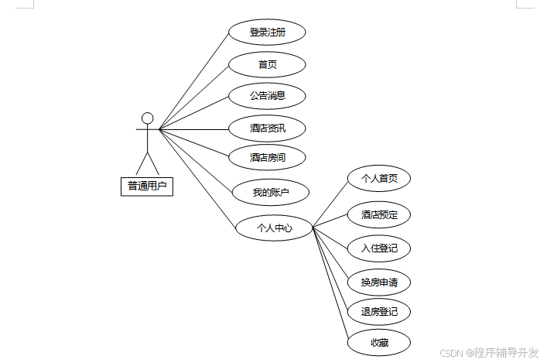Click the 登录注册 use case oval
[267, 33]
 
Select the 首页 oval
[267, 64]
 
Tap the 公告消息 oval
[267, 96]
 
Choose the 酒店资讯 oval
[267, 128]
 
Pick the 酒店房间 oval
[267, 157]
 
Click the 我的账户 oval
[271, 192]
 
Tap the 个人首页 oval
[379, 179]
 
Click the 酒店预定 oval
[379, 214]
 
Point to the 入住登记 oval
[379, 248]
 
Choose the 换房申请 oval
[379, 282]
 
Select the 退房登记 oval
[379, 312]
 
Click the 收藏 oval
[379, 342]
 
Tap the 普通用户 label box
[147, 186]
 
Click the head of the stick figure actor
[147, 118]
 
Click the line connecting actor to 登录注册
[193, 81]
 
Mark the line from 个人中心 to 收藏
[331, 285]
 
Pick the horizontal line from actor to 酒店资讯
[193, 129]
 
